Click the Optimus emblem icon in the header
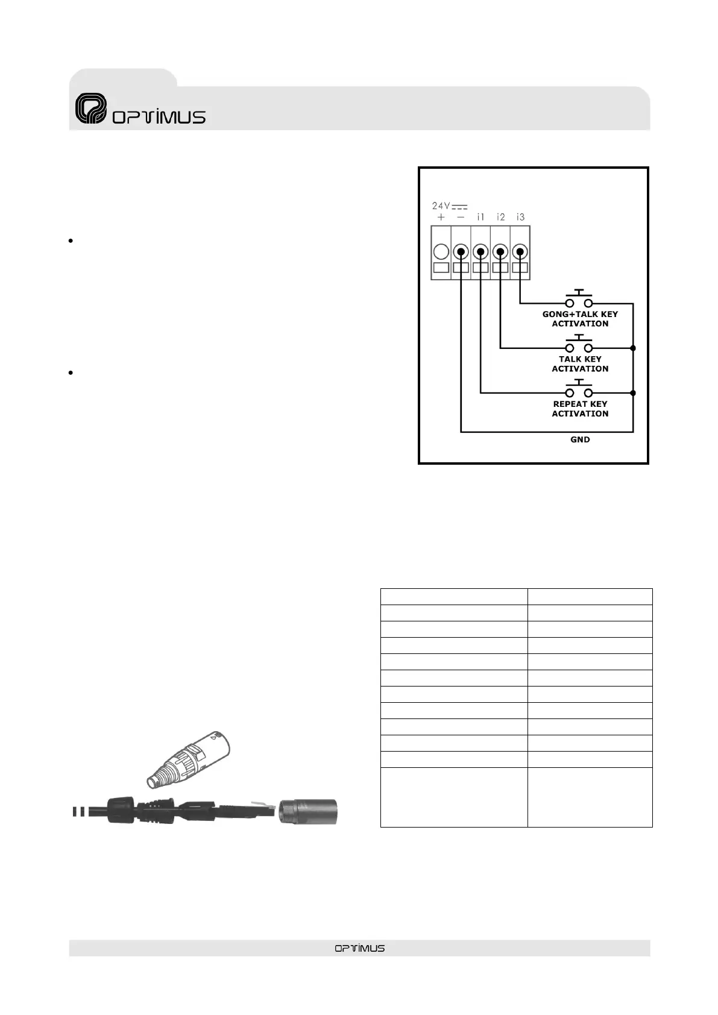(91, 109)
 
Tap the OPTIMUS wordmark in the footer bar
(359, 948)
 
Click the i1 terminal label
(480, 217)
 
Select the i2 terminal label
(500, 217)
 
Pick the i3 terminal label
(520, 217)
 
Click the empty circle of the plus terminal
(441, 251)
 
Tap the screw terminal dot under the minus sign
(461, 251)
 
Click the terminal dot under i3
(520, 251)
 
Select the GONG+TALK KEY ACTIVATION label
(580, 319)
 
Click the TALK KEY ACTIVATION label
(580, 364)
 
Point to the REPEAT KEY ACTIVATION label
(580, 409)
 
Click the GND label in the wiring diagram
(580, 440)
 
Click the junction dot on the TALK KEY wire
(632, 348)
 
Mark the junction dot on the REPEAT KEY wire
(632, 393)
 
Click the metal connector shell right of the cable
(307, 811)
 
